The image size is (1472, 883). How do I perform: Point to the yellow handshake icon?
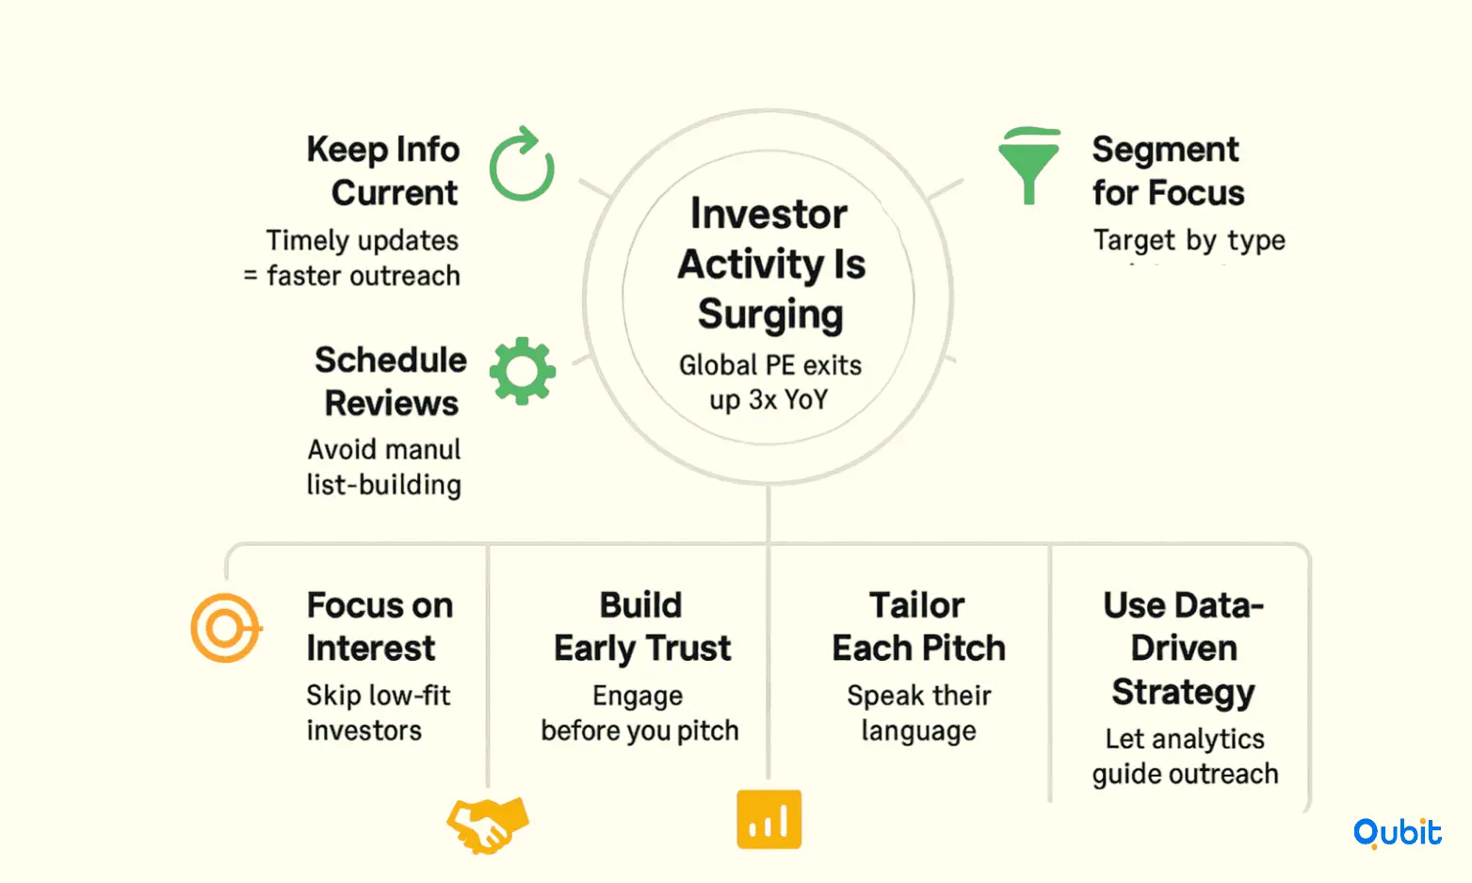488,826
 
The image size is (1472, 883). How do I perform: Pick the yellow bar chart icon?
768,819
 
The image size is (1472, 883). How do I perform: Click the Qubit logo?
1397,833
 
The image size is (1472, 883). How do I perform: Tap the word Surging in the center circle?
770,314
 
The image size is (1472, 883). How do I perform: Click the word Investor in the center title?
768,215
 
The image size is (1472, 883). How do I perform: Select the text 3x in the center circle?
763,399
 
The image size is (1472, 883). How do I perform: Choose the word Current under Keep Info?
395,193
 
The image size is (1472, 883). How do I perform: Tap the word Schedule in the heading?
391,360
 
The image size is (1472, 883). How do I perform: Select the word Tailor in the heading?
916,605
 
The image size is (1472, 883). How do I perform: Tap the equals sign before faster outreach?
251,275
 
